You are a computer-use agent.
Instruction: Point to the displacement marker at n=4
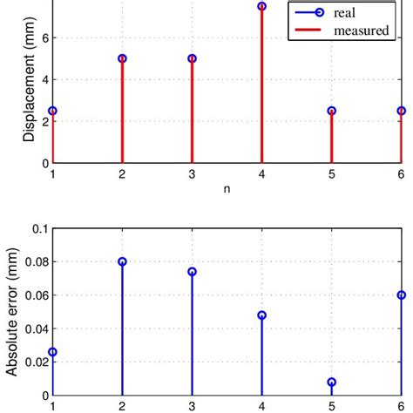(261, 6)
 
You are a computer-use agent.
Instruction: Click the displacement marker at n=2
(122, 58)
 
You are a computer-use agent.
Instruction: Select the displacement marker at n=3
(192, 58)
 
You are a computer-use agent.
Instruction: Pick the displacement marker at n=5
(331, 111)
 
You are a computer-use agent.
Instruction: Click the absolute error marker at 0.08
(122, 261)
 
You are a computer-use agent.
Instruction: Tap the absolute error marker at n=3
(192, 272)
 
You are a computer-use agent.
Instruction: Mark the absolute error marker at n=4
(261, 315)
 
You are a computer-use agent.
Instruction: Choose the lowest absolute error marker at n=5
(331, 382)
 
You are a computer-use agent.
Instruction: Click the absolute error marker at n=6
(401, 295)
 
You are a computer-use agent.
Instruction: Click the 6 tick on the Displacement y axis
(44, 37)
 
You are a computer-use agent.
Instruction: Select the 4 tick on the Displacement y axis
(44, 79)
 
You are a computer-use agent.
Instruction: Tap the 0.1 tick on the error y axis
(39, 228)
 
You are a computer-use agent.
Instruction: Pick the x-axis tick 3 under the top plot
(192, 174)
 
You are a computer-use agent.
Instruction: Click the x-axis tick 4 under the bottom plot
(261, 406)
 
